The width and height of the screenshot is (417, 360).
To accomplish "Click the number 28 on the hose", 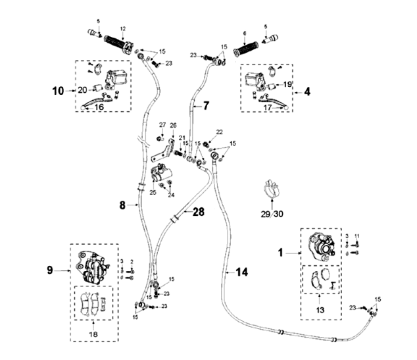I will (x=199, y=211).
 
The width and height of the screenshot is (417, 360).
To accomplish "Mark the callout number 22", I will (x=218, y=132).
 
